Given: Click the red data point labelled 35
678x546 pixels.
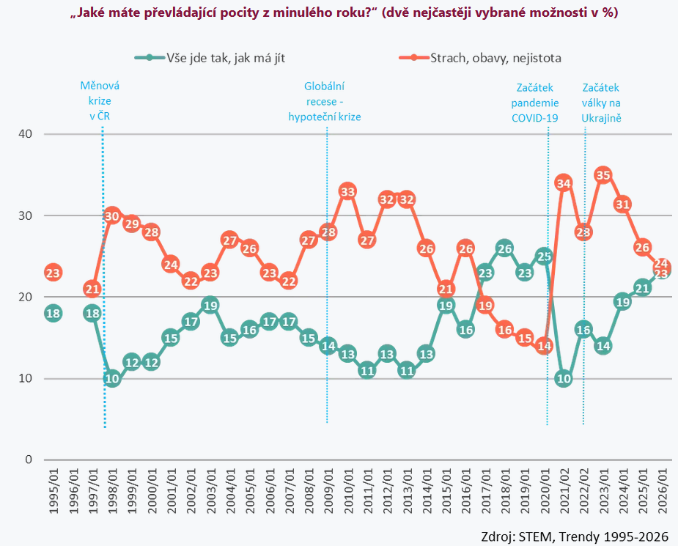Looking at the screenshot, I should pyautogui.click(x=603, y=175).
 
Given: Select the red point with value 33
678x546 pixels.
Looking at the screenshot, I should pyautogui.click(x=347, y=191).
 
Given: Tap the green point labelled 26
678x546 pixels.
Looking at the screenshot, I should pyautogui.click(x=504, y=248).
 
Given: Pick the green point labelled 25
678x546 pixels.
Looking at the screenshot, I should pyautogui.click(x=544, y=256).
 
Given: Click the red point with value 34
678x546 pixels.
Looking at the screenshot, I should pyautogui.click(x=564, y=183).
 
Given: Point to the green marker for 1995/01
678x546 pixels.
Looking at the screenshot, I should pyautogui.click(x=53, y=313).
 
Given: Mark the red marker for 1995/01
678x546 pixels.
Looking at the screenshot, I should pyautogui.click(x=53, y=273).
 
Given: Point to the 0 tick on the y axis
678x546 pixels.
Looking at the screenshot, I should pyautogui.click(x=29, y=460).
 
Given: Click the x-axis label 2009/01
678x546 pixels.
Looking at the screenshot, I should pyautogui.click(x=328, y=491).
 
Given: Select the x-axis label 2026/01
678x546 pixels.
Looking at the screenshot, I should pyautogui.click(x=663, y=491).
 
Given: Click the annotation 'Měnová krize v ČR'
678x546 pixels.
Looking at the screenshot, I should pyautogui.click(x=100, y=101).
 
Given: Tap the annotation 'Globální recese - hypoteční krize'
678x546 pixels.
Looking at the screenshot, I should pyautogui.click(x=325, y=101).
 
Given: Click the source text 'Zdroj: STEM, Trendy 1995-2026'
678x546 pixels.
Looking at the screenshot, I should pyautogui.click(x=575, y=536).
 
